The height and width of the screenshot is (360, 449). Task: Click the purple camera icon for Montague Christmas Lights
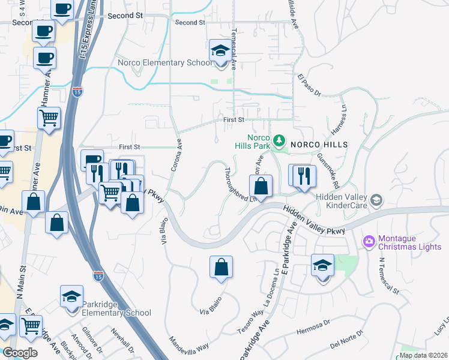[369, 242]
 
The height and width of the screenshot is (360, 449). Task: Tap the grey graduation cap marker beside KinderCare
[376, 200]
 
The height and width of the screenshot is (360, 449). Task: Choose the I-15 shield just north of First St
[77, 92]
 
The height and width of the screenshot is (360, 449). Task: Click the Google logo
[20, 353]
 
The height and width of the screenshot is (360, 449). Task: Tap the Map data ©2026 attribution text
[423, 355]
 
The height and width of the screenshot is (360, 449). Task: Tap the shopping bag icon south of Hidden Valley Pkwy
[221, 268]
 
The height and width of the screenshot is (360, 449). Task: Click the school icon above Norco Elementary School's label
[220, 51]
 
